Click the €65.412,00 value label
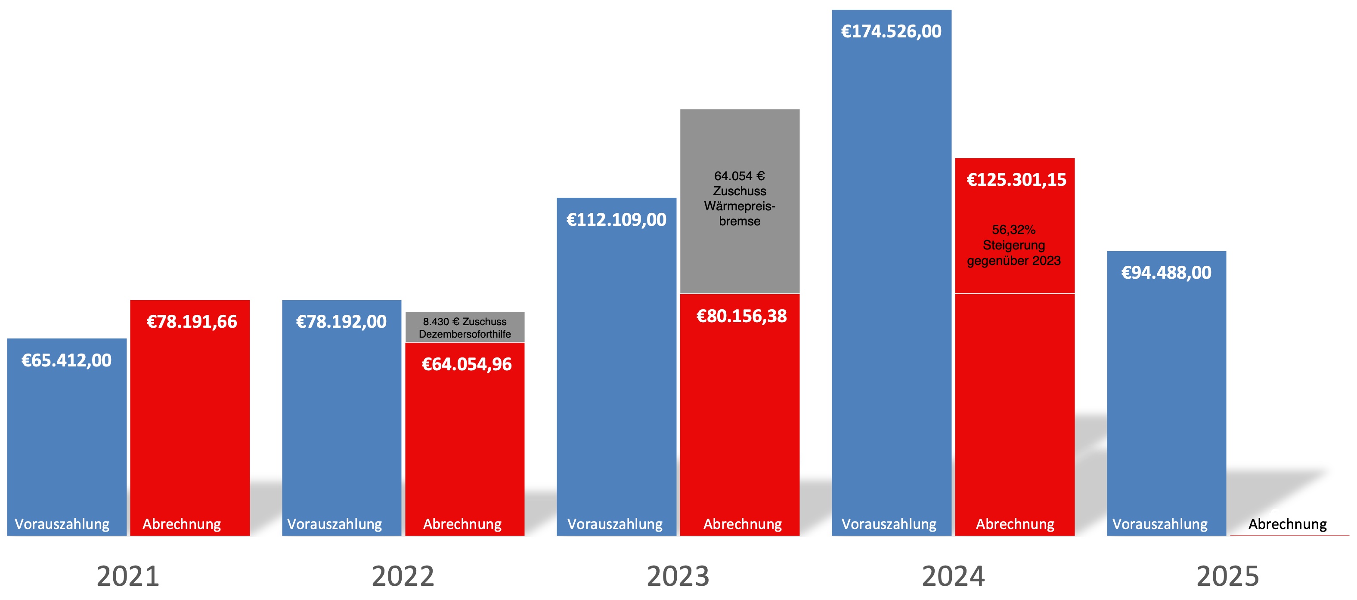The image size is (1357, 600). pyautogui.click(x=66, y=360)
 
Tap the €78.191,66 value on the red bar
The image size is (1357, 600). pyautogui.click(x=192, y=322)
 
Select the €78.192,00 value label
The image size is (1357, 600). pyautogui.click(x=341, y=322)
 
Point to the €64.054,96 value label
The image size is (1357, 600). pyautogui.click(x=467, y=364)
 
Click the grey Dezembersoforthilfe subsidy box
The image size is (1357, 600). pyautogui.click(x=465, y=327)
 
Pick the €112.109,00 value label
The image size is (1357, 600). pyautogui.click(x=617, y=219)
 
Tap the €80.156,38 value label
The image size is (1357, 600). pyautogui.click(x=741, y=316)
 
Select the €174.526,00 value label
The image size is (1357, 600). pyautogui.click(x=891, y=31)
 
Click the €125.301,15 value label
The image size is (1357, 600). pyautogui.click(x=1016, y=180)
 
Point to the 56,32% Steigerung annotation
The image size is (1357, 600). pyautogui.click(x=1014, y=245)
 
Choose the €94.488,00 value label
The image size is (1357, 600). pyautogui.click(x=1166, y=273)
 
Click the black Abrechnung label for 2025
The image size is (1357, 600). pyautogui.click(x=1287, y=524)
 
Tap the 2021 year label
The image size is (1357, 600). pyautogui.click(x=128, y=576)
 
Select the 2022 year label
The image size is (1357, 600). pyautogui.click(x=403, y=576)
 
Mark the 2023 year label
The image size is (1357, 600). pyautogui.click(x=678, y=576)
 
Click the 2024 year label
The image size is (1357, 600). pyautogui.click(x=953, y=576)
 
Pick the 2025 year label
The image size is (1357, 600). pyautogui.click(x=1228, y=576)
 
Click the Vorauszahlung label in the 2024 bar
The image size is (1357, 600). pyautogui.click(x=889, y=524)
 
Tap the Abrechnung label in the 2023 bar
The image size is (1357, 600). pyautogui.click(x=743, y=524)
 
